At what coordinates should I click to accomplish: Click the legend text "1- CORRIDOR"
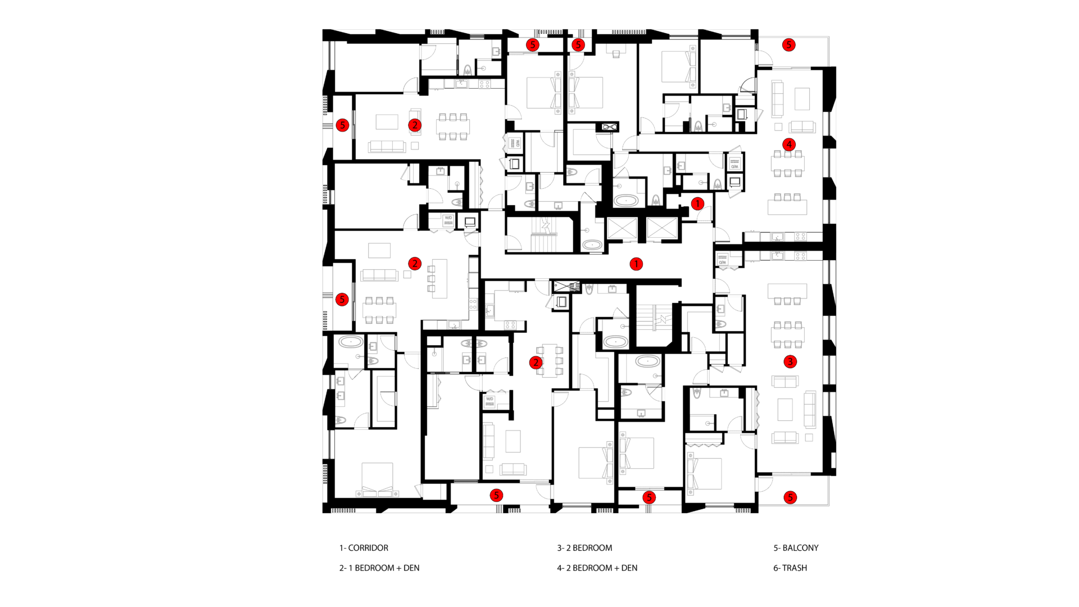point(364,548)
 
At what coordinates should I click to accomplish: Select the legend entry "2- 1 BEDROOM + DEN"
point(379,568)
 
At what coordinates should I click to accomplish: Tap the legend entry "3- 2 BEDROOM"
point(584,548)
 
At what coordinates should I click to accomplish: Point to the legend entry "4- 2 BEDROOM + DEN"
point(597,568)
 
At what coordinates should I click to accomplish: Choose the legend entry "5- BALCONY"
point(796,548)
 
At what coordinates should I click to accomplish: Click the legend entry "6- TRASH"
point(790,568)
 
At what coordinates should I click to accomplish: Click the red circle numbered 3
point(790,361)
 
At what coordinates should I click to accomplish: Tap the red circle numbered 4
point(789,144)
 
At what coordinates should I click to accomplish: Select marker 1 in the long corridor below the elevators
point(636,264)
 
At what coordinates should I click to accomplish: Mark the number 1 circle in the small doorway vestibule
point(697,203)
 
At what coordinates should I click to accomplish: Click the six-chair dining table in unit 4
point(788,164)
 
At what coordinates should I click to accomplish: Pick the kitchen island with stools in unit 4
point(788,205)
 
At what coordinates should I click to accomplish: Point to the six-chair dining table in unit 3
point(788,334)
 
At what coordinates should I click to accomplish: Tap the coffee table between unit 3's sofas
point(785,410)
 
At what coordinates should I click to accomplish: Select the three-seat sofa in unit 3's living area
point(810,409)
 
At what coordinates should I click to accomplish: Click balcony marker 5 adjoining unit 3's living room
point(790,497)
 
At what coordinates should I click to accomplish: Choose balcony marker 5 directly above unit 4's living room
point(788,45)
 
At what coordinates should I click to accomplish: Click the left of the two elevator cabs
point(622,229)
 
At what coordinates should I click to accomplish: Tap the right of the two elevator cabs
point(663,229)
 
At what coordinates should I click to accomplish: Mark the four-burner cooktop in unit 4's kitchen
point(800,237)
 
